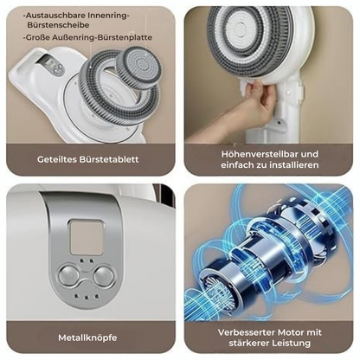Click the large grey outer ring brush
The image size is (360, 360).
tap(102, 95)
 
